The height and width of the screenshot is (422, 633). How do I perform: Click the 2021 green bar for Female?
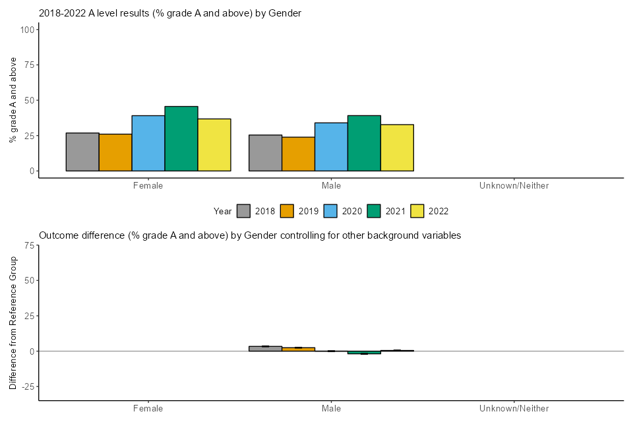point(181,138)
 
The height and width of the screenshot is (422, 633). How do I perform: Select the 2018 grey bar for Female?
point(82,152)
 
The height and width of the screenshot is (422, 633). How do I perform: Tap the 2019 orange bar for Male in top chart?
point(298,154)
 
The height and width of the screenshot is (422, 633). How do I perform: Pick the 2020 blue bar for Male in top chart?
point(331,146)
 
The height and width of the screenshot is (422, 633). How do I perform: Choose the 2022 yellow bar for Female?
point(214,144)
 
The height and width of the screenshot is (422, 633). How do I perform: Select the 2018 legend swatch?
point(244,211)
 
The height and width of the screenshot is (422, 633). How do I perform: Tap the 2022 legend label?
point(438,211)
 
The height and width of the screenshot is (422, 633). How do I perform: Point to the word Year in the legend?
point(223,211)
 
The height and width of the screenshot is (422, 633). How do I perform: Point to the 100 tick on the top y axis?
point(28,30)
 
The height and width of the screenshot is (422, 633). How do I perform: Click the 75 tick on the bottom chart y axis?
point(29,245)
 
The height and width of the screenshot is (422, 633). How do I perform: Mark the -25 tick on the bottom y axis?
point(26,386)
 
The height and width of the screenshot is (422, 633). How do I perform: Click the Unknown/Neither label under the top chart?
point(514,186)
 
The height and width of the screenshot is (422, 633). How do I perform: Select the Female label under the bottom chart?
point(148,409)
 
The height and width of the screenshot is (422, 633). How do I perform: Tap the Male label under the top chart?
point(331,186)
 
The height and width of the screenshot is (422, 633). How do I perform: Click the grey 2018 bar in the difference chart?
point(265,348)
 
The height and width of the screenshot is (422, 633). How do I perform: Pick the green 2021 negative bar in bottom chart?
point(364,353)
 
